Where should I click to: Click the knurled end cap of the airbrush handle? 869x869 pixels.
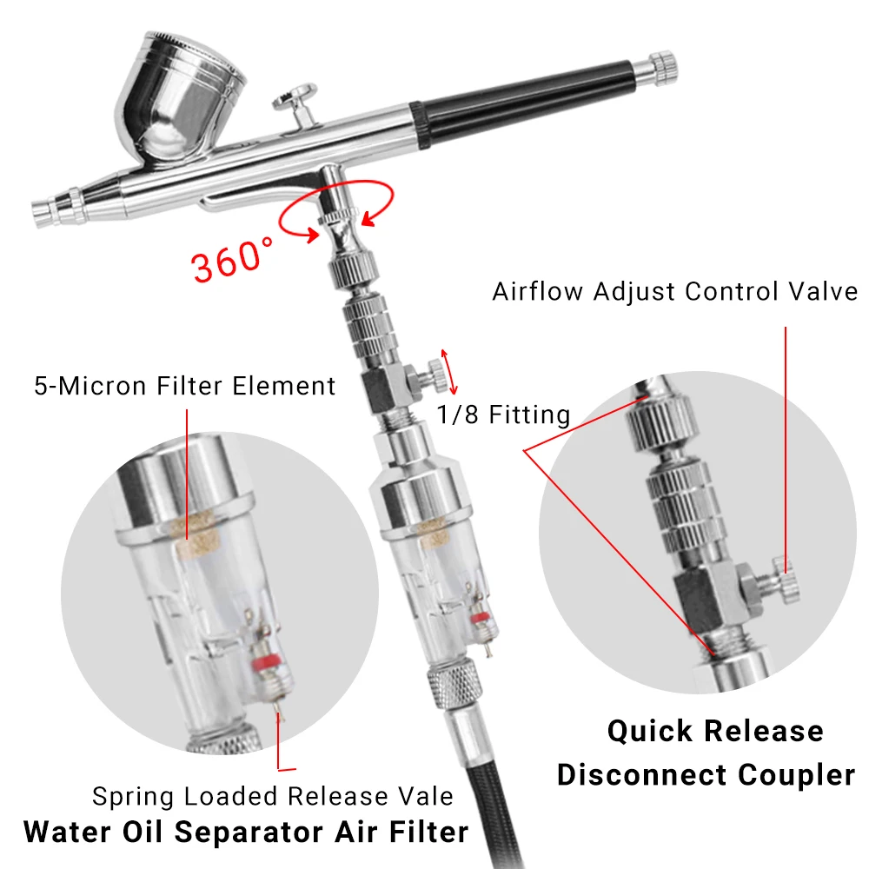pyautogui.click(x=663, y=66)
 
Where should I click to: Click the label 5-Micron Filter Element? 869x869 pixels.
pyautogui.click(x=184, y=385)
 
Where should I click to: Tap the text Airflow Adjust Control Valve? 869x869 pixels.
pyautogui.click(x=674, y=291)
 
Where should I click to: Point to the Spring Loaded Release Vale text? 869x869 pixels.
pyautogui.click(x=273, y=795)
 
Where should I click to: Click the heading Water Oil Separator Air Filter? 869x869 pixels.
pyautogui.click(x=246, y=832)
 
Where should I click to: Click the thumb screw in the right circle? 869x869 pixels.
pyautogui.click(x=782, y=580)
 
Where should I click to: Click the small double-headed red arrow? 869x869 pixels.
pyautogui.click(x=448, y=372)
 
